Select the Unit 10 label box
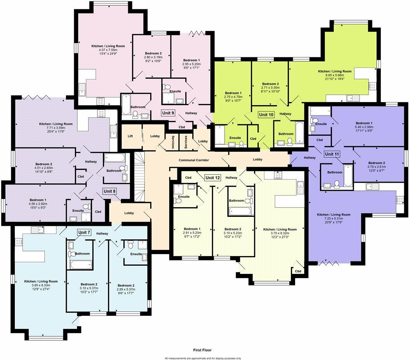pyautogui.click(x=266, y=114)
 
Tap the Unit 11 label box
pyautogui.click(x=332, y=154)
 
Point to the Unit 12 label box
pyautogui.click(x=213, y=178)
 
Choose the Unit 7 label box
pyautogui.click(x=84, y=232)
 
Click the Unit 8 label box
pyautogui.click(x=109, y=191)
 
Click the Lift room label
pyautogui.click(x=130, y=136)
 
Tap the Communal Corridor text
pyautogui.click(x=194, y=160)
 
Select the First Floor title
pyautogui.click(x=202, y=350)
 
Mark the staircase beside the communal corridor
pyautogui.click(x=139, y=175)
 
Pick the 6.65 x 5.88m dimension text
pyautogui.click(x=335, y=75)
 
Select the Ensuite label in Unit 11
pyautogui.click(x=321, y=124)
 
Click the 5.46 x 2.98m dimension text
pyautogui.click(x=364, y=126)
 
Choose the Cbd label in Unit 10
pyautogui.click(x=253, y=138)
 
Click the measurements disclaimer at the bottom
pyautogui.click(x=203, y=358)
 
